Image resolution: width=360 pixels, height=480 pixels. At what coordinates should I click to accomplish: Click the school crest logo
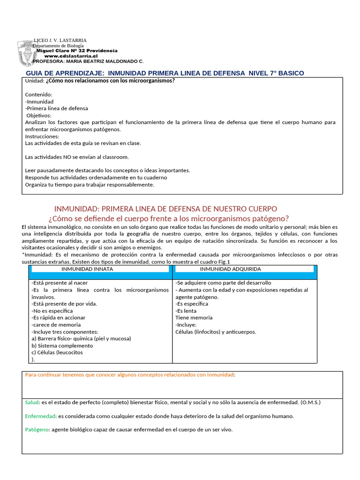click(x=26, y=53)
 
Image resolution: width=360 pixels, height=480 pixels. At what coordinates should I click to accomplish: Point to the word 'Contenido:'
click(x=38, y=95)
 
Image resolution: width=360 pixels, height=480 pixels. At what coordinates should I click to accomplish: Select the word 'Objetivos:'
click(x=39, y=115)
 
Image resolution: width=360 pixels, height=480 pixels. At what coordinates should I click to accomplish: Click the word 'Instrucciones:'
click(x=42, y=136)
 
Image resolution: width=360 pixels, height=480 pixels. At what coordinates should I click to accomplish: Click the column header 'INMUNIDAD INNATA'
click(x=87, y=269)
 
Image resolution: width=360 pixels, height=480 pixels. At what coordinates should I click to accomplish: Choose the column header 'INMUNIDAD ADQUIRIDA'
click(x=230, y=269)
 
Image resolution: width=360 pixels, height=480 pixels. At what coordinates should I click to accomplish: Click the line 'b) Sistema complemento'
click(x=62, y=345)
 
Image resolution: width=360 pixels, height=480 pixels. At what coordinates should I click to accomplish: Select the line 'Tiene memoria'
click(x=194, y=317)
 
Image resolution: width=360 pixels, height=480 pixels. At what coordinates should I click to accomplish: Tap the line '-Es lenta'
click(x=186, y=311)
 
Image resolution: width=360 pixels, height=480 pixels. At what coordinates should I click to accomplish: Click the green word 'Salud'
click(x=32, y=402)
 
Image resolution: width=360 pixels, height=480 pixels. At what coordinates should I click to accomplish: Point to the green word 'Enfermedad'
click(x=40, y=416)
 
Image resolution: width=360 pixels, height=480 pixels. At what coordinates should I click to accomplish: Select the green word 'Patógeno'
click(x=37, y=429)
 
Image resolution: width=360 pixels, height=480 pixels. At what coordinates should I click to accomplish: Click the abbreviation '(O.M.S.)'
click(x=311, y=402)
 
